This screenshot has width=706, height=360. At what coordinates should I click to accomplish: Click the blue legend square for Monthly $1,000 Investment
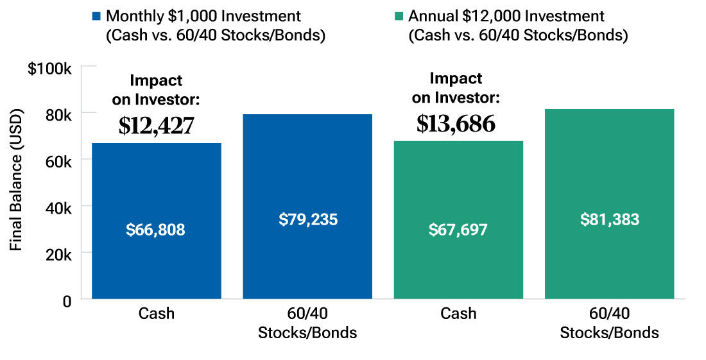point(96,15)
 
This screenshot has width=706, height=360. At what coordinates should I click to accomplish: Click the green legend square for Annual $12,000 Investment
point(399,15)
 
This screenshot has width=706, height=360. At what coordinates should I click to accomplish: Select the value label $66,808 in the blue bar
point(156,230)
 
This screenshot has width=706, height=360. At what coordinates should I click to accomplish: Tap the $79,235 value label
point(308,219)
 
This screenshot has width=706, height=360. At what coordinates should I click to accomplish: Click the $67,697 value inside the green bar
point(458,230)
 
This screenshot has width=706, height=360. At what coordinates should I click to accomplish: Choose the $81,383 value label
point(610,219)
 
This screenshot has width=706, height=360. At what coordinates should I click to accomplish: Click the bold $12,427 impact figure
point(156,126)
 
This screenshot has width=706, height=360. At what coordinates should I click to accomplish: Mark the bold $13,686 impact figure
point(456,123)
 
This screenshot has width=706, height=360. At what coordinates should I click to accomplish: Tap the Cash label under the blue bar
point(156,314)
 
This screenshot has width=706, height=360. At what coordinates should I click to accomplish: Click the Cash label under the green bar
point(458,314)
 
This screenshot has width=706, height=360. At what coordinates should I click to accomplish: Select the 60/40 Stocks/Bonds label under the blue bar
point(307,323)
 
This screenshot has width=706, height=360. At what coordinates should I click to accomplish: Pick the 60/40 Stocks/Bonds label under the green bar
point(609,323)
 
